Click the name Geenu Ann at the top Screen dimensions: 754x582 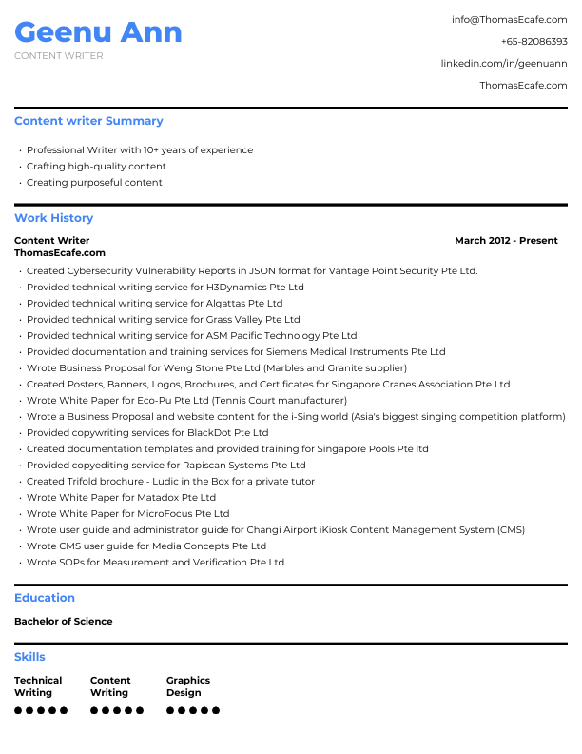[98, 32]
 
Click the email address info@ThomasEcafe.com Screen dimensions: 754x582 [509, 19]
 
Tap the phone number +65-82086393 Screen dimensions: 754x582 [533, 42]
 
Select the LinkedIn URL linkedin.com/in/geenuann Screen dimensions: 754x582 [503, 63]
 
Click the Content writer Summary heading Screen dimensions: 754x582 [88, 121]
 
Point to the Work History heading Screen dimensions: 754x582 [53, 218]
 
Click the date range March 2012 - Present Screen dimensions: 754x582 [506, 240]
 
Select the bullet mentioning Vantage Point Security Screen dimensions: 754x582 [251, 270]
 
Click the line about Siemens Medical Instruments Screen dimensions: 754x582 [235, 351]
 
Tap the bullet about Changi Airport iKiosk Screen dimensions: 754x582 [275, 529]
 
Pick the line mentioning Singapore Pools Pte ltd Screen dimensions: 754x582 [227, 448]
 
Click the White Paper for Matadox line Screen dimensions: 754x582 [121, 497]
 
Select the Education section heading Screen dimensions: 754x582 [45, 598]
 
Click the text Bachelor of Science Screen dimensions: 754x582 [64, 621]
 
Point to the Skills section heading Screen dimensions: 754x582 [29, 657]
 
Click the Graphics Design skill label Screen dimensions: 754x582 [188, 686]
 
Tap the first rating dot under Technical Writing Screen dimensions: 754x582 [18, 710]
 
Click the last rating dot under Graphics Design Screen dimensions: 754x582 [216, 710]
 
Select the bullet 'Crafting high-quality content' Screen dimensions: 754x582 [96, 166]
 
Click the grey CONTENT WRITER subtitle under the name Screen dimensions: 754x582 [59, 56]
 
